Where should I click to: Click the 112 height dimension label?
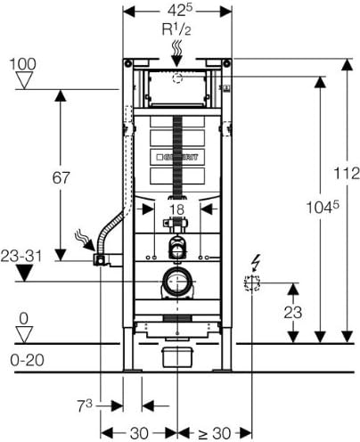(x=347, y=173)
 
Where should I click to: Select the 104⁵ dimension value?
(x=323, y=207)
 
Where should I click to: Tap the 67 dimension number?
(x=61, y=178)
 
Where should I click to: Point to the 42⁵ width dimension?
(x=180, y=10)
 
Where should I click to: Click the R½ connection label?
(x=176, y=29)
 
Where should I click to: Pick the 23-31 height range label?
(x=21, y=256)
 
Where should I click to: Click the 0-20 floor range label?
(x=27, y=360)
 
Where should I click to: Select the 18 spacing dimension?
(x=177, y=209)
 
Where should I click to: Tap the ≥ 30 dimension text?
(x=215, y=433)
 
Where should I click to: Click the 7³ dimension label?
(x=85, y=405)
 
